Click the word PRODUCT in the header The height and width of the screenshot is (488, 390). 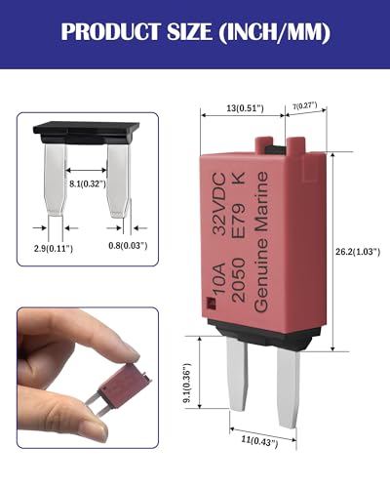pos(110,32)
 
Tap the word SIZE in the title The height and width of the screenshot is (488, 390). pos(189,32)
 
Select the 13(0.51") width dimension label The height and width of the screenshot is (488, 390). pos(246,108)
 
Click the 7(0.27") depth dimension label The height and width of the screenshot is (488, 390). pos(304,105)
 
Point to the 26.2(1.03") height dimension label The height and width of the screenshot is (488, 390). pos(358,252)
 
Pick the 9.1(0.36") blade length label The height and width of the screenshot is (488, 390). pos(188,383)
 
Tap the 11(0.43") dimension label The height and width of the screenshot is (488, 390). pos(259,441)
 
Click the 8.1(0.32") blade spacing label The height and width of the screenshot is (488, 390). pos(88,183)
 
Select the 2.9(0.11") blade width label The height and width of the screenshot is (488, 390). pos(54,249)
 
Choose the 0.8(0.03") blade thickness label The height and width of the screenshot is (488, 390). pos(128,246)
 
